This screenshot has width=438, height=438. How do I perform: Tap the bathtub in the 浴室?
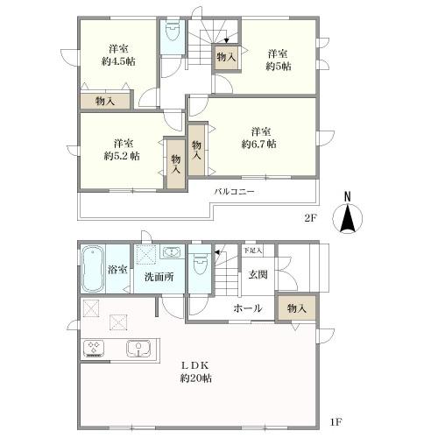(93, 269)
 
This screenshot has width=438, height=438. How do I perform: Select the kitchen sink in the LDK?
(138, 349)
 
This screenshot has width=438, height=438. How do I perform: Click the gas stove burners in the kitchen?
(94, 349)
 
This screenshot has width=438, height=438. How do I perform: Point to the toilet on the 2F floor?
(173, 32)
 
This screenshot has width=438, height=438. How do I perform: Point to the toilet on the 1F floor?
(200, 264)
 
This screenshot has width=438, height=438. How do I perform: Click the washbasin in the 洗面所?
(173, 251)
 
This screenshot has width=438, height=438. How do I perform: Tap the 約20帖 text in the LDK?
(195, 378)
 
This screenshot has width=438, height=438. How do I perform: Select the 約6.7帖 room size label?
(258, 144)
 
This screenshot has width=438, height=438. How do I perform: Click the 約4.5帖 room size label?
(118, 61)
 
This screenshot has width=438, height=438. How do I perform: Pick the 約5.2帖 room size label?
(122, 156)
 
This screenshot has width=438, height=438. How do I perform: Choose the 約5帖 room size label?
(279, 67)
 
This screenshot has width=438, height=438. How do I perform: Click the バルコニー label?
(235, 192)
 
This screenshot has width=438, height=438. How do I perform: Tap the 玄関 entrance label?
(258, 274)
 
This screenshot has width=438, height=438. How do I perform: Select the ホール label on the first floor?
(247, 308)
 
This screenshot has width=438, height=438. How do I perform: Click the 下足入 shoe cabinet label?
(253, 251)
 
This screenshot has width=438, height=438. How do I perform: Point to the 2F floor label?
(310, 218)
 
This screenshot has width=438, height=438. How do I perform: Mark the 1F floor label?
(336, 422)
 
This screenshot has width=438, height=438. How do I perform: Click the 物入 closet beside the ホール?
(297, 308)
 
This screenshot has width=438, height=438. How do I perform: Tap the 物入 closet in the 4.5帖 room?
(105, 102)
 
